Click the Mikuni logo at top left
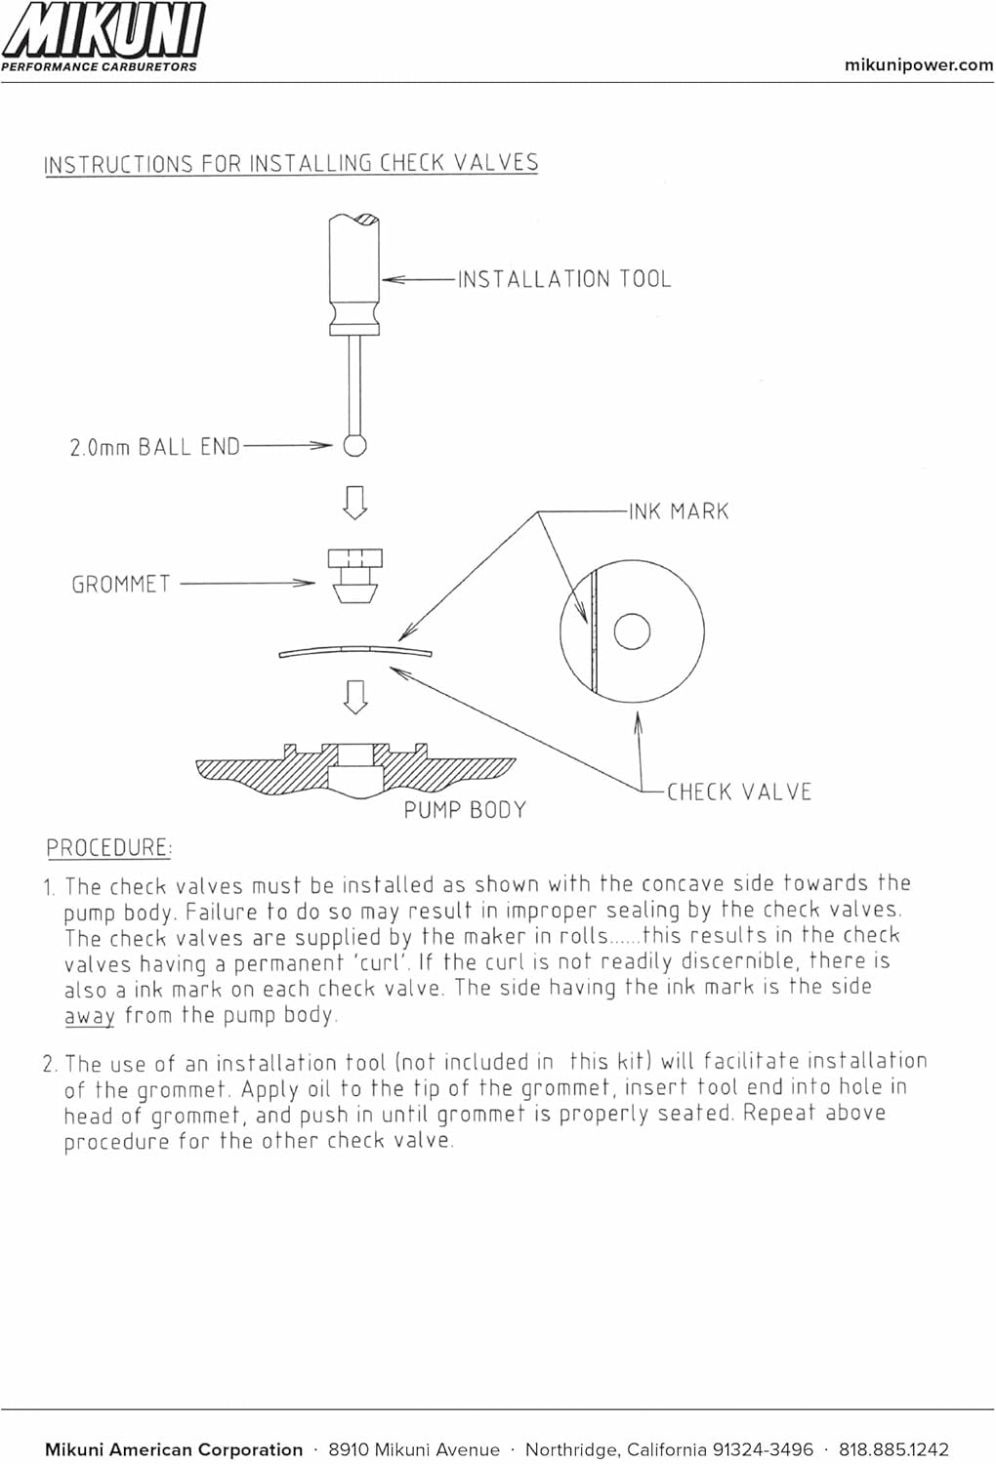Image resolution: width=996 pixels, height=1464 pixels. (103, 35)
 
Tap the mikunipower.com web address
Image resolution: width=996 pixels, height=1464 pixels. (918, 65)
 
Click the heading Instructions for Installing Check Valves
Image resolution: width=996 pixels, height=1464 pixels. (291, 163)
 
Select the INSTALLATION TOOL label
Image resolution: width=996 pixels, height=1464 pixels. (564, 280)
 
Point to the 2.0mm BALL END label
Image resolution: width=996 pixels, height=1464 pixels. (154, 447)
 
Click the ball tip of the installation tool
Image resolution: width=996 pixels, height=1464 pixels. (354, 445)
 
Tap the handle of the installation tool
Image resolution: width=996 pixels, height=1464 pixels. (353, 273)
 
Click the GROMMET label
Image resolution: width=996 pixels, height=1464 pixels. (121, 585)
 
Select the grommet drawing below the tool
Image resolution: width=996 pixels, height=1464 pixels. (354, 575)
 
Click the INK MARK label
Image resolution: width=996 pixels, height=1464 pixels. (679, 511)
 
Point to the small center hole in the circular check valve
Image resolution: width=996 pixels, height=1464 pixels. (632, 631)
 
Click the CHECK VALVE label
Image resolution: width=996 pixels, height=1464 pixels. (739, 792)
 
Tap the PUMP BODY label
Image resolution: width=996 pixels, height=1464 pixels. (465, 810)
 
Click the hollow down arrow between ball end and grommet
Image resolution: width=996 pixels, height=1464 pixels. (355, 502)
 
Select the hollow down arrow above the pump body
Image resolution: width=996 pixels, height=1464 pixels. (355, 696)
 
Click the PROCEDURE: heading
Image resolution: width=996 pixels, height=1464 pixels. (108, 847)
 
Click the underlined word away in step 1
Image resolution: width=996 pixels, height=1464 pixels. (90, 1015)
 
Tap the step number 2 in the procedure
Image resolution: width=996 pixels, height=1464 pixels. (49, 1064)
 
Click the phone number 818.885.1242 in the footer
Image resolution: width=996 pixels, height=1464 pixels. (893, 1449)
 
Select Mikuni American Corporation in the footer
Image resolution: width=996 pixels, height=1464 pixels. (174, 1449)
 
